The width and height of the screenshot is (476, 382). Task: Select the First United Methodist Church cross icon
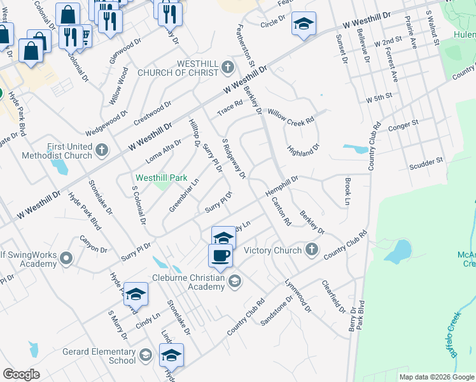pyautogui.click(x=102, y=150)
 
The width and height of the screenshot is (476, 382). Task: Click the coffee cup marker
pyautogui.click(x=221, y=255)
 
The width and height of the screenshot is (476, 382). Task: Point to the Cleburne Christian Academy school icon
pyautogui.click(x=235, y=281)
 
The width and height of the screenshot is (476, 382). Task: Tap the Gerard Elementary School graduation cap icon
pyautogui.click(x=146, y=355)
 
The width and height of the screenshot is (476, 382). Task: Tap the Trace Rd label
pyautogui.click(x=230, y=107)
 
